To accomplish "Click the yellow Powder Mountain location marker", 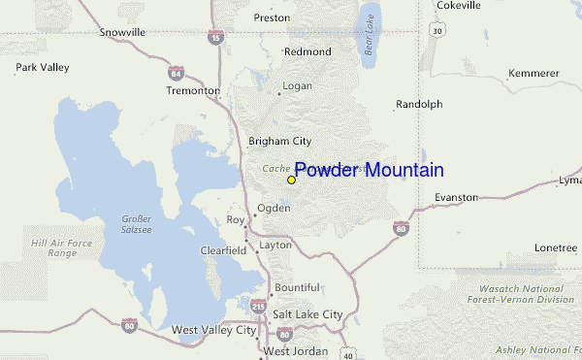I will [291, 180].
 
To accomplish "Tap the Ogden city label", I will [273, 208].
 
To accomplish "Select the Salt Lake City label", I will [307, 314].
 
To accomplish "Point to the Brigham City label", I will [279, 141].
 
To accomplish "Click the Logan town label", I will [297, 86].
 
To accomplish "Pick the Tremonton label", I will [193, 90].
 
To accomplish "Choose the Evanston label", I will [456, 197].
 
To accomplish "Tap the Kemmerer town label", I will [534, 74].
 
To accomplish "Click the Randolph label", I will [419, 104].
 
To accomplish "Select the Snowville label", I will [122, 32].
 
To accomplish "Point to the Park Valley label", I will [42, 68].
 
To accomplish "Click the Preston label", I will [272, 17].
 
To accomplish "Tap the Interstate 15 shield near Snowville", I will [213, 38].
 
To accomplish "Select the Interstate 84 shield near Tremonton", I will [176, 73].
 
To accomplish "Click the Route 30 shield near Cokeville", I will [438, 32].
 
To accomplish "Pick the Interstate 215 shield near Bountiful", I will [257, 306].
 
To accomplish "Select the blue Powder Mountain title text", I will [369, 171].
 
